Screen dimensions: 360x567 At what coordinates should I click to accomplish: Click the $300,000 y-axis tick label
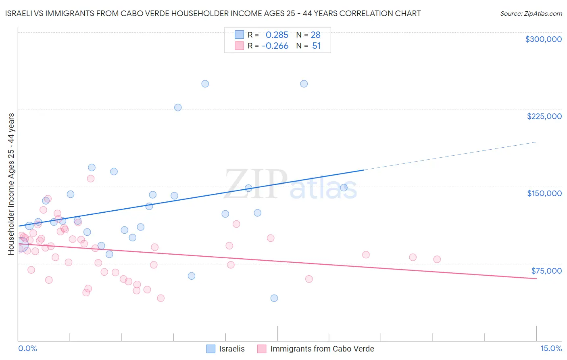pos(543,39)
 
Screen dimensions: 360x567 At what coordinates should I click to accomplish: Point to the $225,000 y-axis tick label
pos(544,116)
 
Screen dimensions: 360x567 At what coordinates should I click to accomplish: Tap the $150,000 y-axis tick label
pos(544,193)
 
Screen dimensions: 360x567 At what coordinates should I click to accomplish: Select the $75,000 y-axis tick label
pos(546,271)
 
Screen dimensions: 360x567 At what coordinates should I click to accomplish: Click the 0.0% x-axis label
pos(27,348)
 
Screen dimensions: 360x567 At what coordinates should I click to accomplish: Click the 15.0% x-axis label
pos(551,348)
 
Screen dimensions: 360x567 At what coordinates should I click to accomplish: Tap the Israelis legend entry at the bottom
pos(231,349)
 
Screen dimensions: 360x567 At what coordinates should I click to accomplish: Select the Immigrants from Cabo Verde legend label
pos(322,349)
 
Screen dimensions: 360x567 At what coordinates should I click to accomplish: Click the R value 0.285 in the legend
pos(277,35)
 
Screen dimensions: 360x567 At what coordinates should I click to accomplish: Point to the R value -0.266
pos(275,46)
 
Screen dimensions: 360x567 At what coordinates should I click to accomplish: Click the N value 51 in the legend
pos(316,46)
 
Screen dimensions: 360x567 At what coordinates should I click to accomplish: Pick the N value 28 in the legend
pos(315,35)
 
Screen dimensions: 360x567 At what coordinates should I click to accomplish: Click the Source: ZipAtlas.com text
pos(531,14)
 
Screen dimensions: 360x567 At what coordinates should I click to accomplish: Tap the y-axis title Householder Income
pos(11,184)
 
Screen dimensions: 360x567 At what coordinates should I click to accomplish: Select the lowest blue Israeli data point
pos(274,298)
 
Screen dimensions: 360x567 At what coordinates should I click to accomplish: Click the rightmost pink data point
pos(437,260)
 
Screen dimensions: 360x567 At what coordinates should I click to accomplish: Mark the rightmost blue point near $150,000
pos(344,188)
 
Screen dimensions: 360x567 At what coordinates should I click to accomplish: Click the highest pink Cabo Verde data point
pos(91,178)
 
